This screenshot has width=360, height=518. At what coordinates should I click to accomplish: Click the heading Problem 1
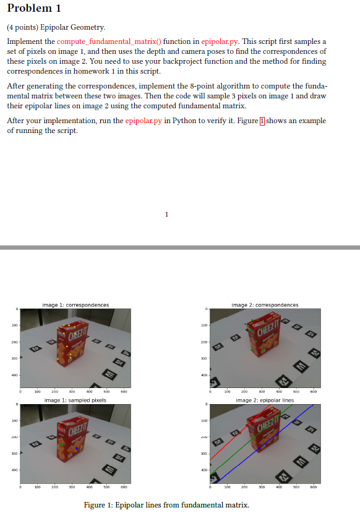(34, 9)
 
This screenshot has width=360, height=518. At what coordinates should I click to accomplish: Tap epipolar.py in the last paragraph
(144, 121)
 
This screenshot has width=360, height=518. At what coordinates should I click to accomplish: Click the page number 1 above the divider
(166, 215)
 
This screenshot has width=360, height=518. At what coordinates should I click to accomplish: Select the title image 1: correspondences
(75, 305)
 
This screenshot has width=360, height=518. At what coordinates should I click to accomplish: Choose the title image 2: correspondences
(265, 305)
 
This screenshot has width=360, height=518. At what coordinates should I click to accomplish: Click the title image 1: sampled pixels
(75, 400)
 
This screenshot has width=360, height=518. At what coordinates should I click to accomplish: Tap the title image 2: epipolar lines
(265, 400)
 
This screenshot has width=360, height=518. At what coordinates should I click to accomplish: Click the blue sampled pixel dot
(76, 447)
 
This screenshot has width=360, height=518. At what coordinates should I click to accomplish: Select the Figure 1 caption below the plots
(166, 505)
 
